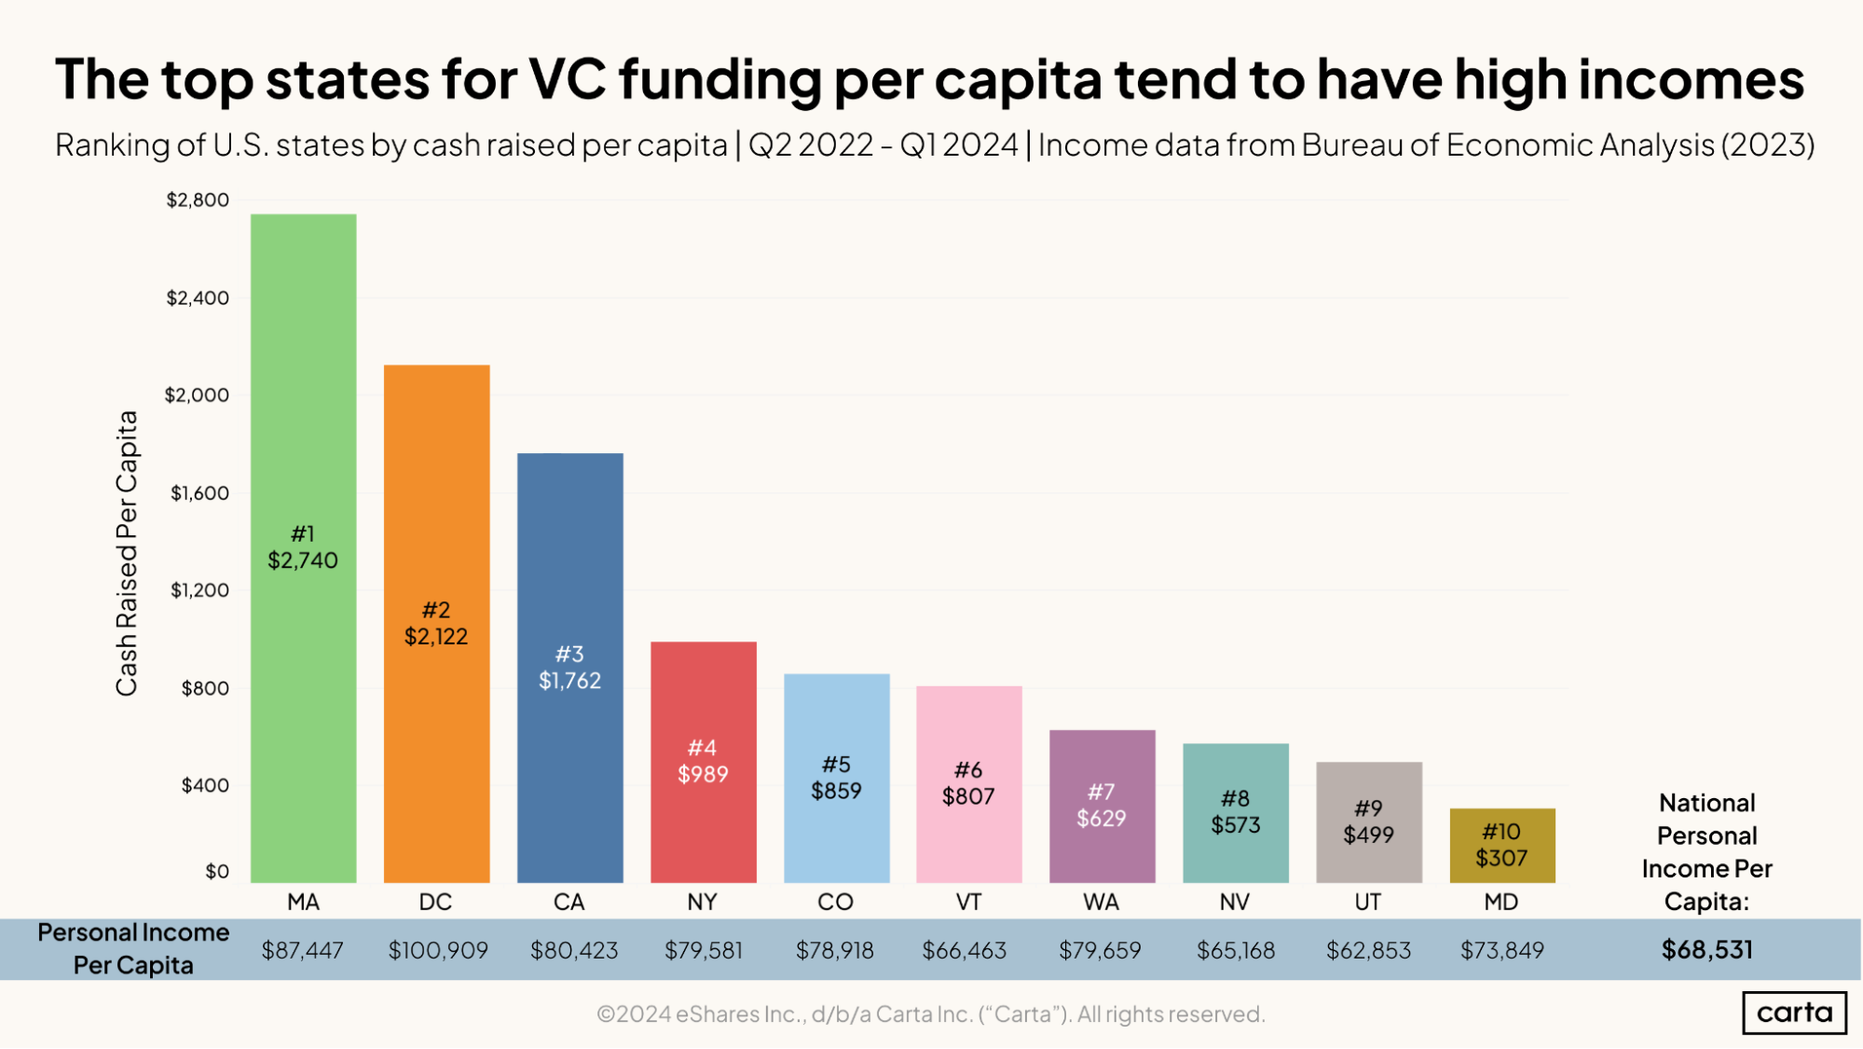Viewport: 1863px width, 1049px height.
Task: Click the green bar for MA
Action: coord(303,392)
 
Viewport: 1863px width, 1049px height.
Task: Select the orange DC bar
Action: coord(436,485)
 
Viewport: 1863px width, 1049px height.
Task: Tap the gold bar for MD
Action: coord(1501,845)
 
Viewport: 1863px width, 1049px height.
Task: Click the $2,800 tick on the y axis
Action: coord(198,200)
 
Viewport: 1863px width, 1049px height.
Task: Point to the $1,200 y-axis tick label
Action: coord(199,590)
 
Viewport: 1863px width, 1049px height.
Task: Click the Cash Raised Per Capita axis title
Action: coord(127,553)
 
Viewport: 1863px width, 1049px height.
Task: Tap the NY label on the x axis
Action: coord(702,902)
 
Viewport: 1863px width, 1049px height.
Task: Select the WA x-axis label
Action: coord(1101,902)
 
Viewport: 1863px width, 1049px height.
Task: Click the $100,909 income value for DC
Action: coord(438,950)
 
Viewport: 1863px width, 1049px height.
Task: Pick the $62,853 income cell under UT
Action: coord(1368,950)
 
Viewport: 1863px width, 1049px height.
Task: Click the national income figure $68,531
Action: coord(1706,949)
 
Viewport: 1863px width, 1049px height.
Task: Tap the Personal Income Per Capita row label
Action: coord(133,948)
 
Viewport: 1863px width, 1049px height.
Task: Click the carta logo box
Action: coord(1794,1013)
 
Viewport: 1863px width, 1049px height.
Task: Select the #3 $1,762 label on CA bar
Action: coord(569,668)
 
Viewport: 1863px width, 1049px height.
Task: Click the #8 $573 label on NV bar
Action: coord(1235,811)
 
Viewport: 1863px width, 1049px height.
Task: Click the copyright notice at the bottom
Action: coord(930,1014)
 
